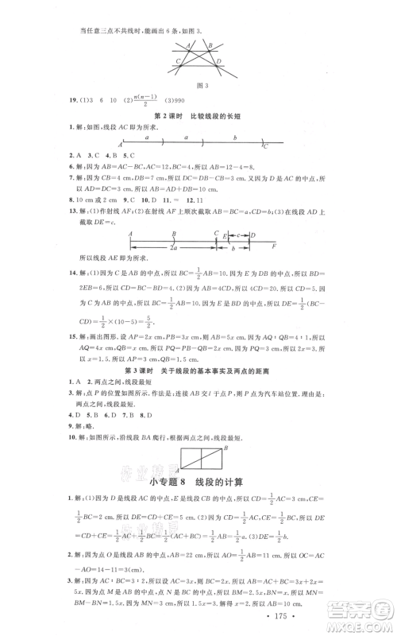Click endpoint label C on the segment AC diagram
tap(266, 146)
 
